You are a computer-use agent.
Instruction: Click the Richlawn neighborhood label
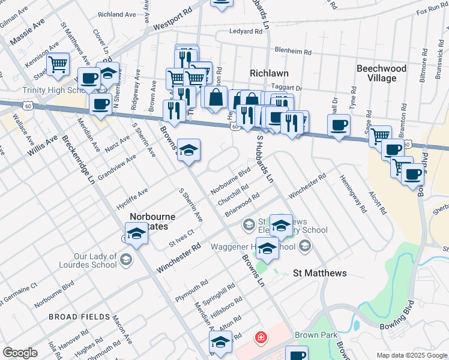[x=270, y=73]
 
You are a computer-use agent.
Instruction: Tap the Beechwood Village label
[x=381, y=73]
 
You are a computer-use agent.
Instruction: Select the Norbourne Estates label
[x=153, y=221]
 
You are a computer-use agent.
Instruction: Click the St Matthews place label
[x=319, y=273]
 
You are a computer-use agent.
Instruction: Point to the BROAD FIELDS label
[x=79, y=316]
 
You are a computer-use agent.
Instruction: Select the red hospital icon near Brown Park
[x=261, y=337]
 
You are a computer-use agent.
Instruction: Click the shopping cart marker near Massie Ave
[x=58, y=64]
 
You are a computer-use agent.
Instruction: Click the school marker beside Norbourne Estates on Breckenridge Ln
[x=136, y=233]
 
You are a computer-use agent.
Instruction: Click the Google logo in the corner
[x=20, y=353]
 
